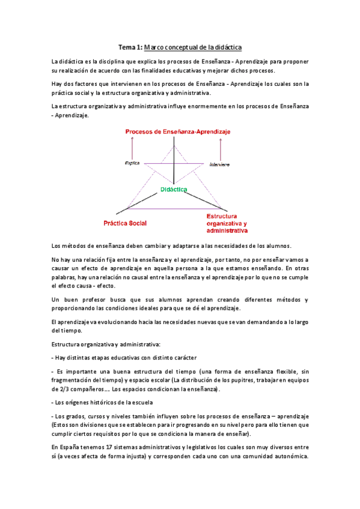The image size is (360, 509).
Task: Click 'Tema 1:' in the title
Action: point(129,47)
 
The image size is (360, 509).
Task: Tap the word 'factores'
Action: point(84,85)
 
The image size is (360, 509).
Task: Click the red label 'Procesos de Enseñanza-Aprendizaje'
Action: point(177,131)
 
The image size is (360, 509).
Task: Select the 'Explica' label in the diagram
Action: point(132,162)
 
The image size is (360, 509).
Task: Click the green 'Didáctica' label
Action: point(174,190)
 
